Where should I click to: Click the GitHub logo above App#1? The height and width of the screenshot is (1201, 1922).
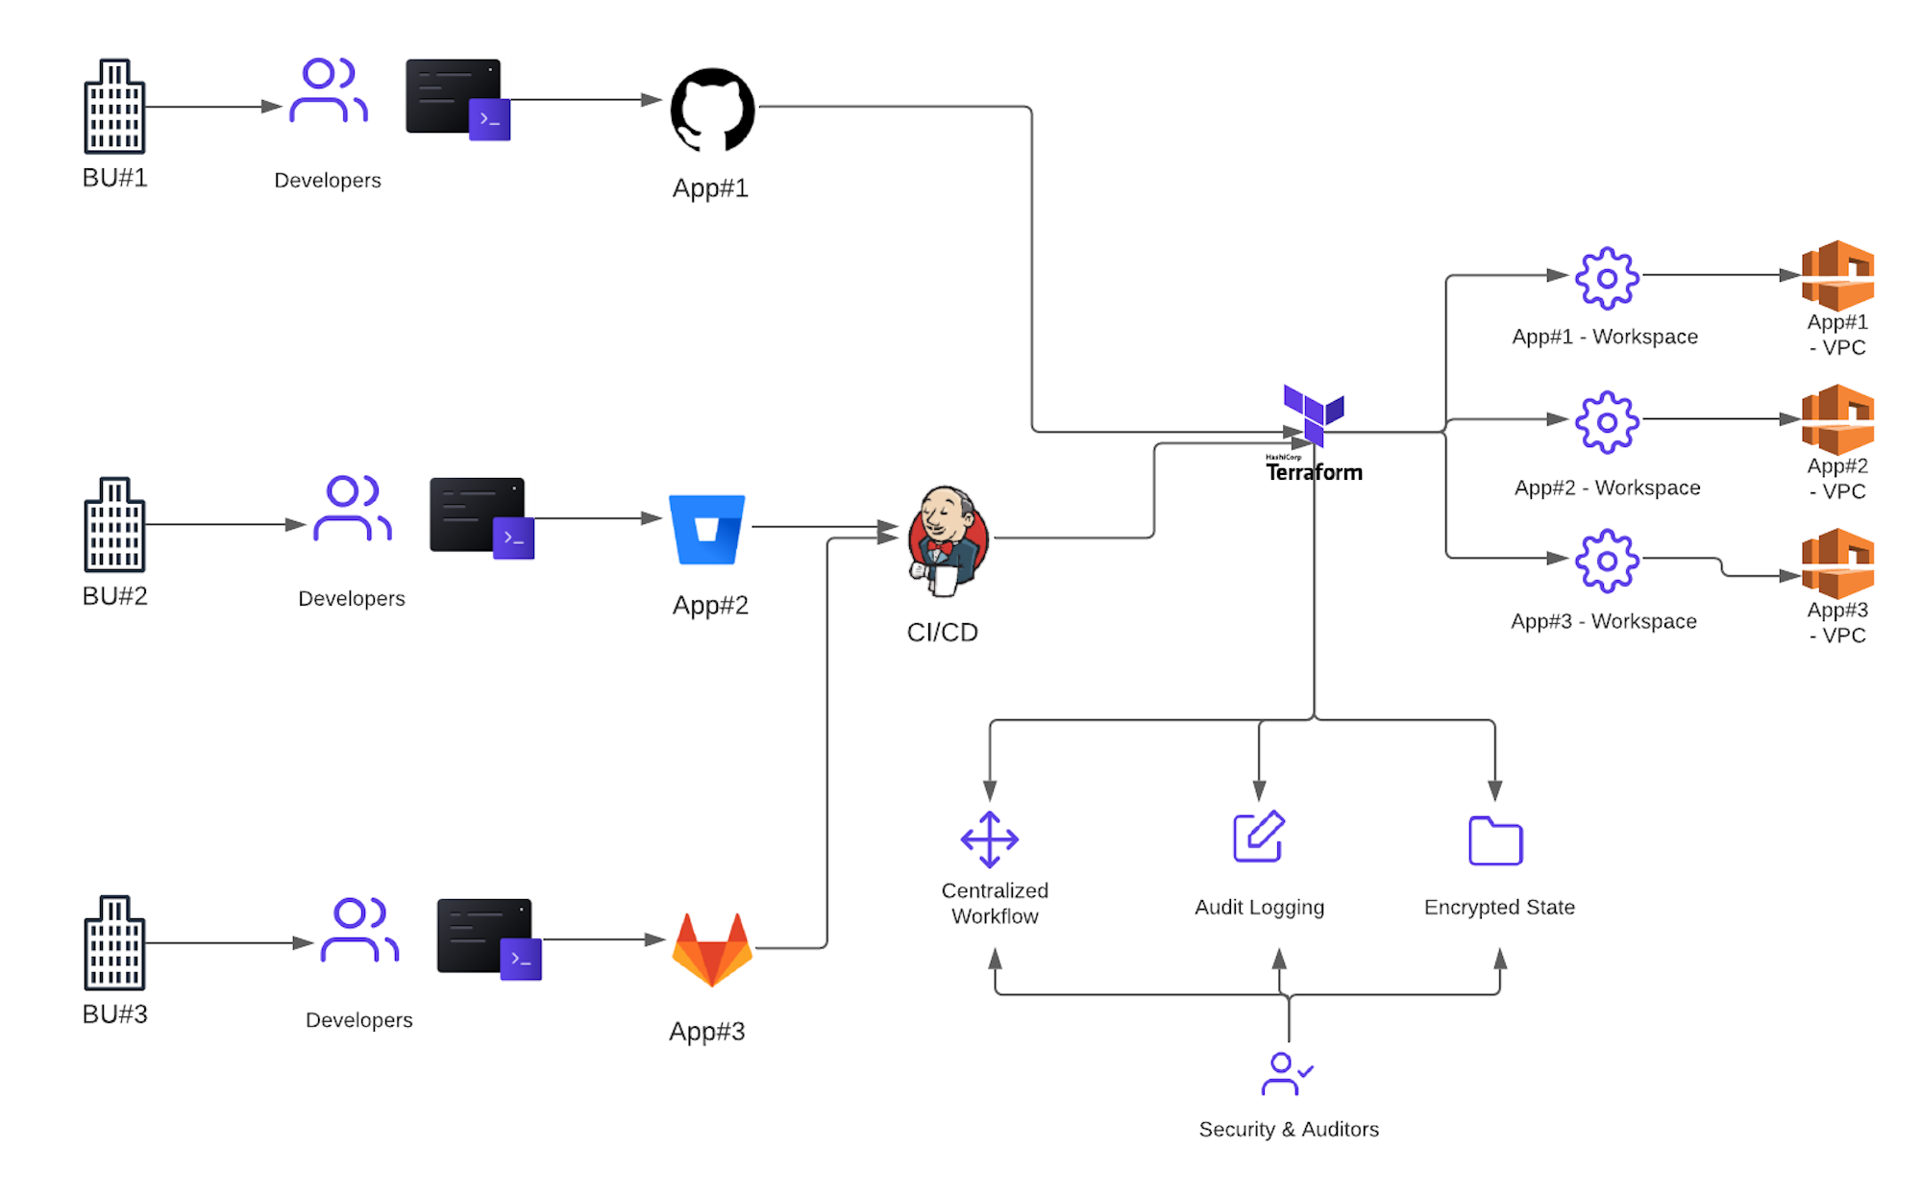coord(712,110)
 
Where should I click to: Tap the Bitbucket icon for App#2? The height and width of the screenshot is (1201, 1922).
coord(707,529)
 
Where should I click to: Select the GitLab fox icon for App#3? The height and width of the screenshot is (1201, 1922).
coord(711,950)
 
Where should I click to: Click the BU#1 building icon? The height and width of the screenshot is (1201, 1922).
coord(114,107)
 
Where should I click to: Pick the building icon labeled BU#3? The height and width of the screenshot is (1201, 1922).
coord(114,943)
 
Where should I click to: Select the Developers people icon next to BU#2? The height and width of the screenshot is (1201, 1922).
coord(352,509)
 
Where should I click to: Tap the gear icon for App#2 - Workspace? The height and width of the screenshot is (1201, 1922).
coord(1606,421)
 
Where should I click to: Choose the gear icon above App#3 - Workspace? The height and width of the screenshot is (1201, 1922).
coord(1606,560)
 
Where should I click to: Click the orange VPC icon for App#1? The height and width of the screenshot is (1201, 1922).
coord(1837,275)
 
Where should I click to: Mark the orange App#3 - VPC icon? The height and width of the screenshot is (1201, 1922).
coord(1837,563)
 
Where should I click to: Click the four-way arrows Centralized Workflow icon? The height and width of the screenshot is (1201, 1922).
coord(990,838)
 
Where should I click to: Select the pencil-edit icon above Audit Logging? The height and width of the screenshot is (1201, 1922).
coord(1259,837)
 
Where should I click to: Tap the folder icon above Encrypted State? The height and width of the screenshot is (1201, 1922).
coord(1495,841)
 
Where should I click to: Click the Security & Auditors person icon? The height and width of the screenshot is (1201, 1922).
coord(1286,1074)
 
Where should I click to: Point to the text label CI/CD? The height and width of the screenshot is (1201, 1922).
coord(942,632)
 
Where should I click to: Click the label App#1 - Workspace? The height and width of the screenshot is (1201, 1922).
coord(1605,337)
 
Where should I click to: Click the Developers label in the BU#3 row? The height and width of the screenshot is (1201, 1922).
coord(358,1019)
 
